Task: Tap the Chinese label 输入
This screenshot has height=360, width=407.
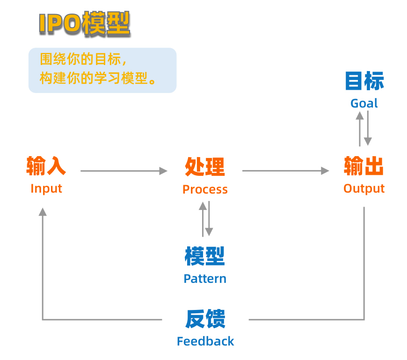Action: coord(46,166)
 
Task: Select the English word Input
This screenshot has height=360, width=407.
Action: coord(46,188)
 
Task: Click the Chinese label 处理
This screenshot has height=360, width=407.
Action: coord(205,166)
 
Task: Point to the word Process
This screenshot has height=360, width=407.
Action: coord(205,189)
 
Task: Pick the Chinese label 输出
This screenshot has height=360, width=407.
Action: coord(364,166)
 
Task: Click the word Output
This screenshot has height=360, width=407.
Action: coord(364,188)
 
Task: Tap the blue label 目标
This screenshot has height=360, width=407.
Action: coord(364,81)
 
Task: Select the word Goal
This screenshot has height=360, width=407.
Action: coord(364,103)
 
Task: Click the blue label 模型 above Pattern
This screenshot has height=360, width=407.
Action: coord(205,256)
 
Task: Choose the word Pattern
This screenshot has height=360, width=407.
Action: coord(205,279)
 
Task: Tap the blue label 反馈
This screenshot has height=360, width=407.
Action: coord(205,319)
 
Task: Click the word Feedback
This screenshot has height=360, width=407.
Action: coord(205,341)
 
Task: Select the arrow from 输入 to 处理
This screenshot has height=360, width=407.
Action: coord(124,171)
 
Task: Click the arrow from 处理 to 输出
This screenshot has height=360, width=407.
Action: coord(285,171)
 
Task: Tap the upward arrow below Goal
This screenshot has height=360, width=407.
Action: coord(360,129)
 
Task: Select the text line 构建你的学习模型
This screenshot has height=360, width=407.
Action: coord(97,78)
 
